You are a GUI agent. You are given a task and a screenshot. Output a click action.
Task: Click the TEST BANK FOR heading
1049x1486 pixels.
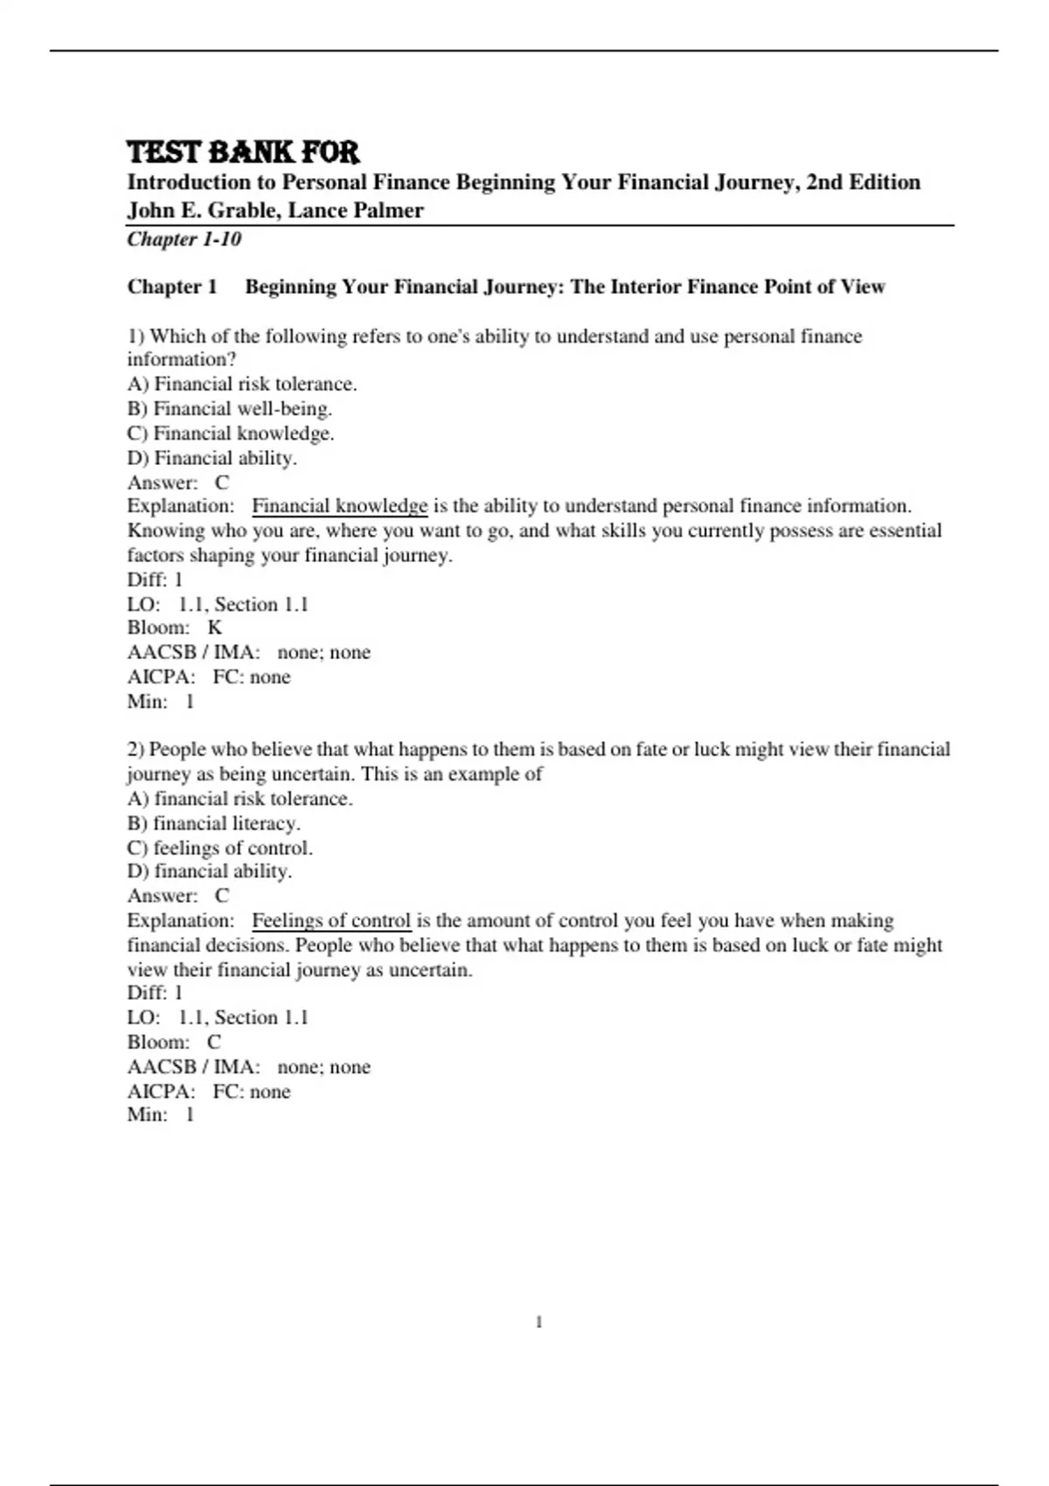coord(243,152)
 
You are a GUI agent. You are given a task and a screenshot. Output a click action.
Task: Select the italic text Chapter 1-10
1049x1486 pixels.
coord(184,240)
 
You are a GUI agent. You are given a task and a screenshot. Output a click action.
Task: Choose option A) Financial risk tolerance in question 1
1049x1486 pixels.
coord(242,384)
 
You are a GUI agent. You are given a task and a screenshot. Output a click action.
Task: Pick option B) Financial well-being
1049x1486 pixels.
coord(230,408)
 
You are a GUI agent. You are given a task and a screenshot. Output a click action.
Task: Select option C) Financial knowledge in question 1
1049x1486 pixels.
coord(231,433)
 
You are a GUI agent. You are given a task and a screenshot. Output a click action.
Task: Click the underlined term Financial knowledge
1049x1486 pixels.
coord(339,506)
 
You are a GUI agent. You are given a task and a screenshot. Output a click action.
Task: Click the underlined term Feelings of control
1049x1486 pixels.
coord(331,920)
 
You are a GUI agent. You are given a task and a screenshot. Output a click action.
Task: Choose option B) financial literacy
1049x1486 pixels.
coord(213,823)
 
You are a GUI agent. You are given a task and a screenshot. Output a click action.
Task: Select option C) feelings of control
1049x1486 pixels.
coord(219,847)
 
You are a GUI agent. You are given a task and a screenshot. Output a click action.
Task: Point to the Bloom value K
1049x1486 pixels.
coord(215,628)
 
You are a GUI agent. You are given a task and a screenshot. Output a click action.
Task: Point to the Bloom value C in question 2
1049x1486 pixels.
coord(214,1042)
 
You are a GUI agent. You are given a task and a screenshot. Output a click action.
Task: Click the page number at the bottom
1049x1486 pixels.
coord(538,1322)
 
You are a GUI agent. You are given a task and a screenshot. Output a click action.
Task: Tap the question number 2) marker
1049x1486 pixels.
coord(135,749)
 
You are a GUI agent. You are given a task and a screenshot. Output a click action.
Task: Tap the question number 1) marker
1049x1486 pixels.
coord(135,337)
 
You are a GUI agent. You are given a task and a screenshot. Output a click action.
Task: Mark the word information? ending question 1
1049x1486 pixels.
coord(182,359)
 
